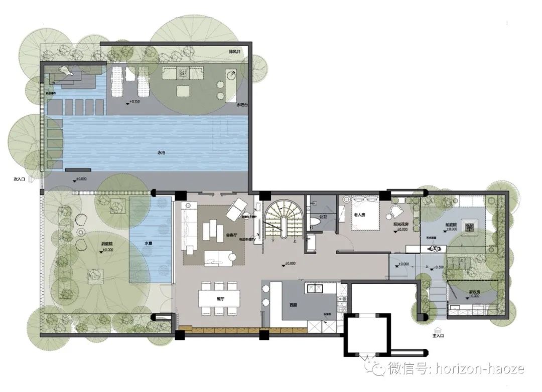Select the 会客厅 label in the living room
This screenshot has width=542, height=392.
point(231,235)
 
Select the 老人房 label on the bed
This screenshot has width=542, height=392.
point(359,215)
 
